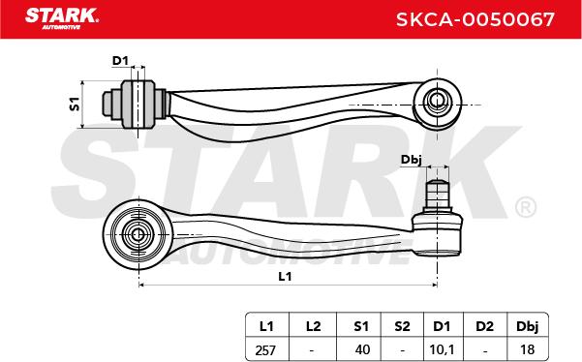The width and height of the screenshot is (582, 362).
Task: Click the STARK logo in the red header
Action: click(62, 17)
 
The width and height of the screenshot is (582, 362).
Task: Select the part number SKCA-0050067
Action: click(475, 19)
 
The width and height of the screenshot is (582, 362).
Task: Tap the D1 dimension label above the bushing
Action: click(120, 61)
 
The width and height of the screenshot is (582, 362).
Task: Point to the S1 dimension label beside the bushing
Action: click(75, 105)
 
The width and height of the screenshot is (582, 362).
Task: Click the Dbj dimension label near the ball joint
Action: click(411, 161)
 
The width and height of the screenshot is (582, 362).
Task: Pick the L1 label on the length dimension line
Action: click(285, 276)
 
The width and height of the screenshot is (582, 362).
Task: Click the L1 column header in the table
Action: click(266, 326)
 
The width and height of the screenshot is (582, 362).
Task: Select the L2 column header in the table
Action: click(313, 326)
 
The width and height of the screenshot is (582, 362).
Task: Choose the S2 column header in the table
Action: click(402, 326)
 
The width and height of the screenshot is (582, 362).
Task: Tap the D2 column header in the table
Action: click(485, 326)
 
